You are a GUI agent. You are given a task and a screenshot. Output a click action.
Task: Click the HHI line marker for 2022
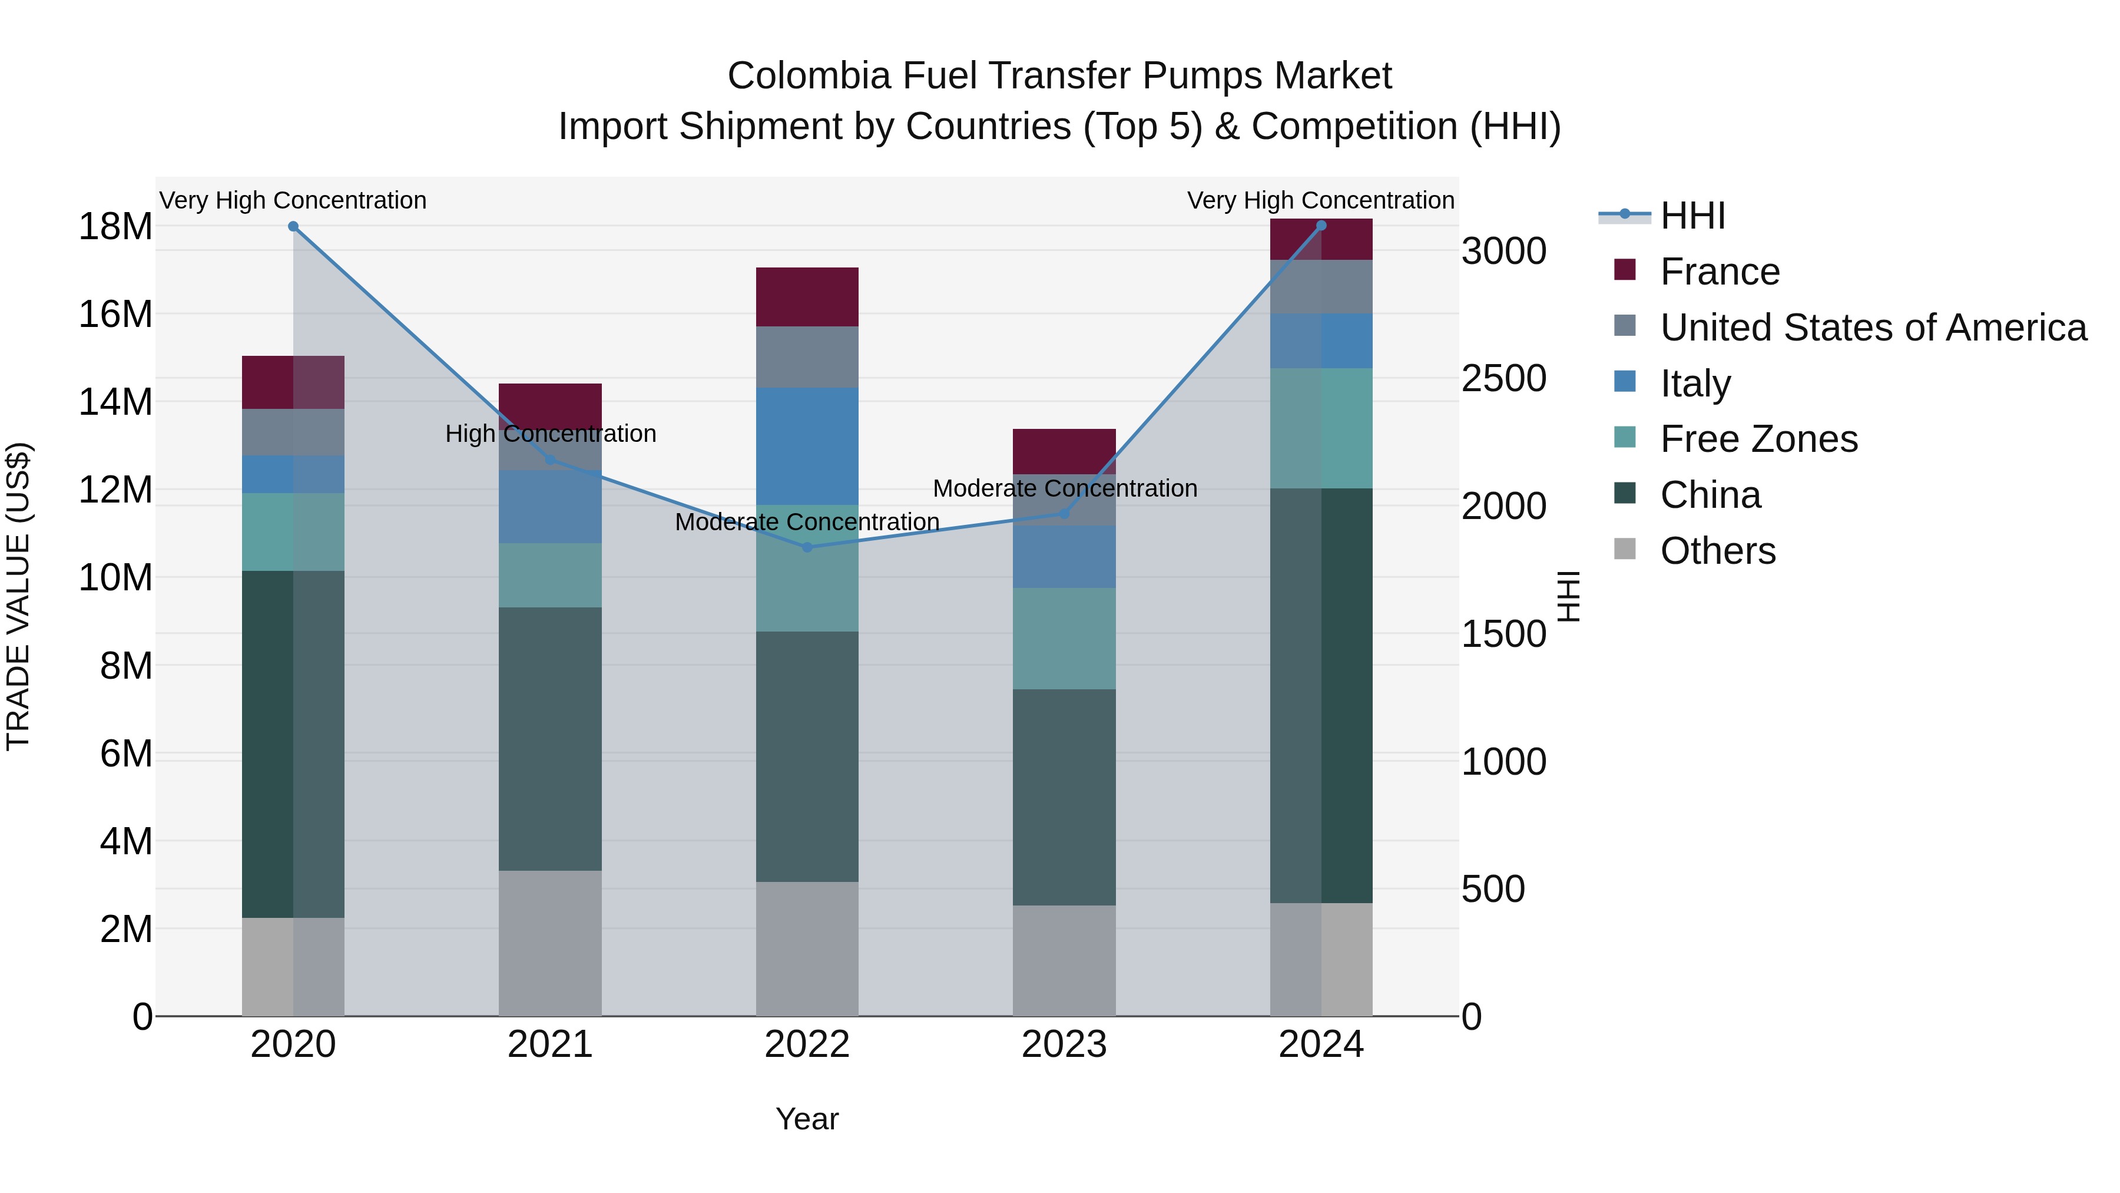pos(807,547)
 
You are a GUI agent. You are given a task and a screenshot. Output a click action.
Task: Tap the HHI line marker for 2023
pos(1064,513)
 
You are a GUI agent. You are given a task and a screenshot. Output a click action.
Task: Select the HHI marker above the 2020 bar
pos(293,226)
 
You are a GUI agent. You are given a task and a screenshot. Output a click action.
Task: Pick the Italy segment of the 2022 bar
pos(807,445)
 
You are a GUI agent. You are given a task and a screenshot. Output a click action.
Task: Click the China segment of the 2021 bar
pos(550,739)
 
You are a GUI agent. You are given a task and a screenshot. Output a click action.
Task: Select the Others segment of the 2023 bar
pos(1064,960)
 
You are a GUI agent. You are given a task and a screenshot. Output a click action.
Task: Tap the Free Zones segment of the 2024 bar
pos(1321,428)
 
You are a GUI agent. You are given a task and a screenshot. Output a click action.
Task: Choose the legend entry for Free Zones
pos(1758,439)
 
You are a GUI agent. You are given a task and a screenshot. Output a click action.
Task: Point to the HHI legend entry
pos(1692,216)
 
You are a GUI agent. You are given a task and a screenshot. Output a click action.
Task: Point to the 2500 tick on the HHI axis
pos(1503,379)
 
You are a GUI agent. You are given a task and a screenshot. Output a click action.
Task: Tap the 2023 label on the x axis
pos(1064,1045)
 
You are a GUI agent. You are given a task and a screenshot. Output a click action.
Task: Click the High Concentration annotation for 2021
pos(550,434)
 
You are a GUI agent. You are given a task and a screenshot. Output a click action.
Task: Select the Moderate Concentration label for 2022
pos(807,522)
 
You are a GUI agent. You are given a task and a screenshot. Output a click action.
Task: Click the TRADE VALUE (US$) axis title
pos(18,596)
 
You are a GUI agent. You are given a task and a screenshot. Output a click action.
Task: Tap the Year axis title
pos(807,1119)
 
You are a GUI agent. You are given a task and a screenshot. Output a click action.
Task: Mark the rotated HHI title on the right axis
pos(1569,596)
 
